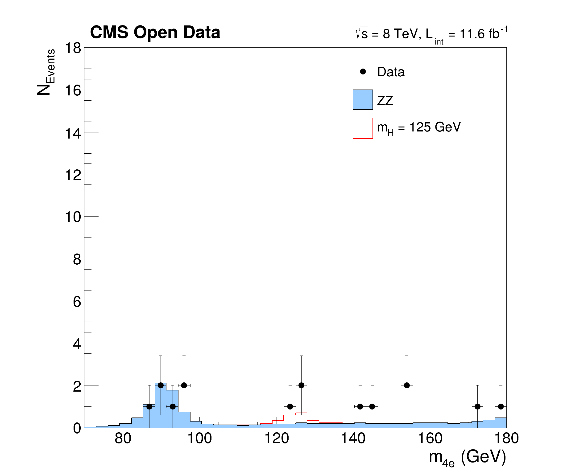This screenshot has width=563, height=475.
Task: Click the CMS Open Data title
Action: click(x=155, y=32)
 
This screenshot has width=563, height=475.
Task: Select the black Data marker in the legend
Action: click(x=363, y=72)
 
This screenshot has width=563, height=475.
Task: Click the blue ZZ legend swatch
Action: click(x=363, y=100)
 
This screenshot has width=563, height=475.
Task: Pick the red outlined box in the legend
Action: click(x=363, y=128)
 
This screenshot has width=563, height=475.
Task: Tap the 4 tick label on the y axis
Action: click(x=77, y=344)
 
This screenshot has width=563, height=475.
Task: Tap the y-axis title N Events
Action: click(x=46, y=72)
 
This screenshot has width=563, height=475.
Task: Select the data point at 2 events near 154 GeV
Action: click(x=407, y=385)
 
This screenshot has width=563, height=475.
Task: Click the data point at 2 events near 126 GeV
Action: click(x=302, y=385)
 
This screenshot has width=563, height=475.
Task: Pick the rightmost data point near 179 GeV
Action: click(x=501, y=406)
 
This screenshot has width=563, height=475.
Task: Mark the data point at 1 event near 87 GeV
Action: click(x=149, y=406)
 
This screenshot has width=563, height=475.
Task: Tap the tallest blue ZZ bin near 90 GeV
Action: click(x=161, y=404)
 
